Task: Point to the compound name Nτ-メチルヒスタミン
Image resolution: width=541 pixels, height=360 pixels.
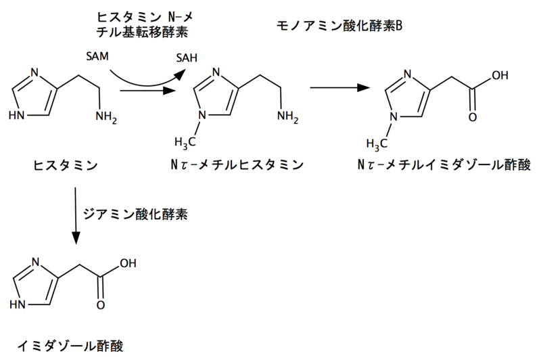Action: tap(235, 164)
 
